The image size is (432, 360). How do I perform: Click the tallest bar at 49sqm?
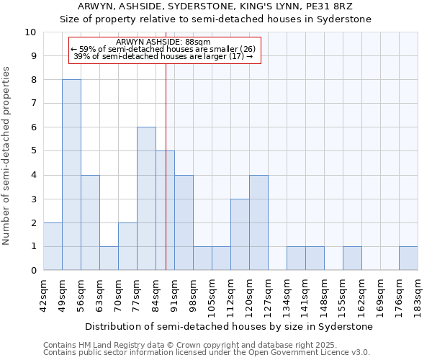pyautogui.click(x=71, y=175)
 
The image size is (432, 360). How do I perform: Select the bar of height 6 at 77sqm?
pyautogui.click(x=146, y=199)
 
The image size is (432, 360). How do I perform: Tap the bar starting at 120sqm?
pyautogui.click(x=258, y=222)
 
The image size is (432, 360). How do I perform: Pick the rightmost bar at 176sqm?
pyautogui.click(x=408, y=258)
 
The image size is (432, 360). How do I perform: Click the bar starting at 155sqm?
pyautogui.click(x=352, y=258)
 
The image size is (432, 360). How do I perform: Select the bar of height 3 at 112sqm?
pyautogui.click(x=240, y=235)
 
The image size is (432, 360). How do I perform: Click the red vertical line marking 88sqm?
pyautogui.click(x=166, y=180)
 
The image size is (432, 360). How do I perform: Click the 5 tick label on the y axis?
pyautogui.click(x=33, y=151)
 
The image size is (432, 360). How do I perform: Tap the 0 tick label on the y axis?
pyautogui.click(x=33, y=271)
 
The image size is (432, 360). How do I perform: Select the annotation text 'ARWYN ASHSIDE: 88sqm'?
pyautogui.click(x=163, y=42)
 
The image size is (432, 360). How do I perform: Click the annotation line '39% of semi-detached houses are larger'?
pyautogui.click(x=163, y=56)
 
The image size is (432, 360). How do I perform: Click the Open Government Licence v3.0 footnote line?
pyautogui.click(x=207, y=352)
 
